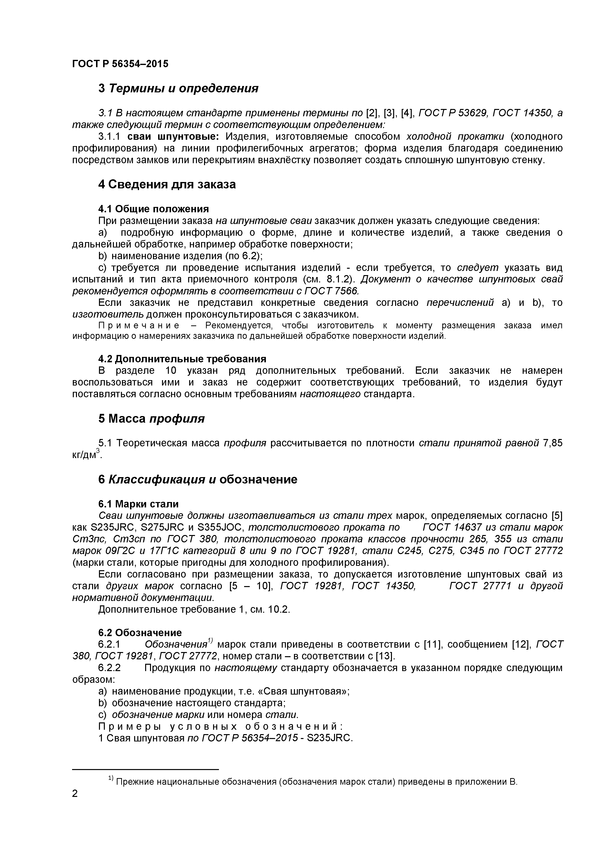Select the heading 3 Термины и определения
click(178, 88)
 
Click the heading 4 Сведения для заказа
click(167, 184)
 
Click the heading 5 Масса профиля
click(151, 418)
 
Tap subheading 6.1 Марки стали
click(138, 504)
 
